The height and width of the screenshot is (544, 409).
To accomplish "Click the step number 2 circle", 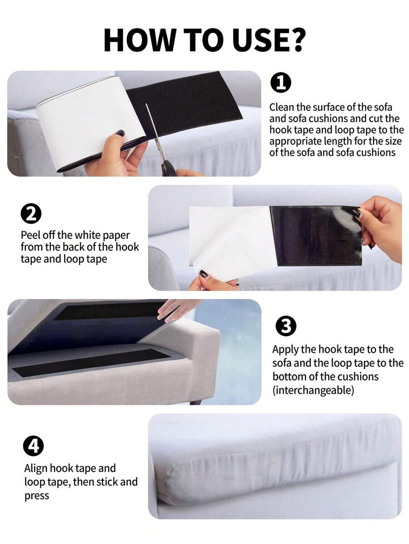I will click(x=31, y=214).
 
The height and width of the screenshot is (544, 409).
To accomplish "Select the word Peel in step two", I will click(x=30, y=235).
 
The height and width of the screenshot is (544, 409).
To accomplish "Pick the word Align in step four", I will click(x=36, y=468).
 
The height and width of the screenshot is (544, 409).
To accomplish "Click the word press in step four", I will click(x=36, y=495).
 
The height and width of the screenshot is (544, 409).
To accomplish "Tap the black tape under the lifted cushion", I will click(x=109, y=311).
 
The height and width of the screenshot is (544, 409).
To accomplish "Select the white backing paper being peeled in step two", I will click(x=227, y=241).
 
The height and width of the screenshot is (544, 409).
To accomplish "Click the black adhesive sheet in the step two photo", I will click(x=316, y=236).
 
